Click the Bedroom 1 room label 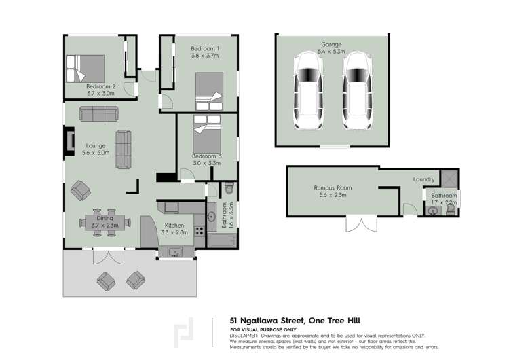[204, 49]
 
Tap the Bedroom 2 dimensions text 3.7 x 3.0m [100, 94]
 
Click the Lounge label [95, 145]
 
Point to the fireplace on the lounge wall [69, 141]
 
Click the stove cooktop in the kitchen [200, 230]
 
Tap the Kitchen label [174, 225]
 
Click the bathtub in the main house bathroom [220, 241]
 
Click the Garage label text [332, 44]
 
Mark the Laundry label [423, 179]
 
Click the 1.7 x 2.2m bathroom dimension [445, 203]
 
